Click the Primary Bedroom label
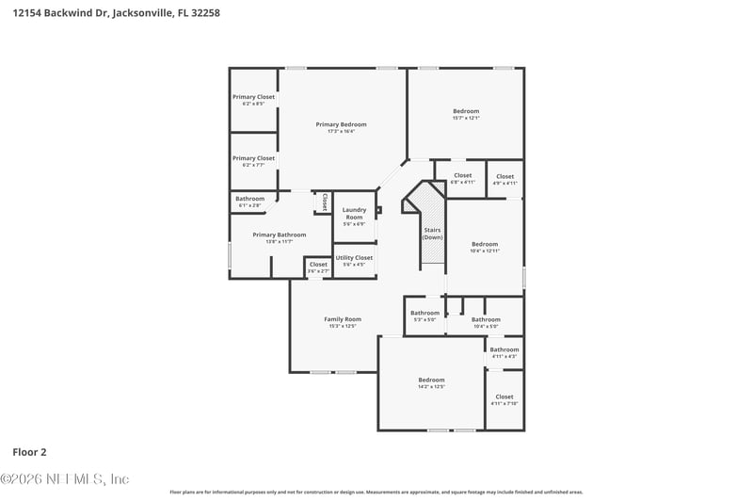coord(341,124)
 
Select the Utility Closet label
coord(354,257)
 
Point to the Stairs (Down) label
coord(432,233)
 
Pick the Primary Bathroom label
coord(279,235)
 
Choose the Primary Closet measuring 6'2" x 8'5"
coord(253,97)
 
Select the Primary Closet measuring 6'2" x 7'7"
coord(253,158)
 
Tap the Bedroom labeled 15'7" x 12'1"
coord(466,111)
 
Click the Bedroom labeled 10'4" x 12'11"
coord(485,244)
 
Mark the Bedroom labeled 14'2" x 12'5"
coord(431,380)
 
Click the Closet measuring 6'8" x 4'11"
coord(462,175)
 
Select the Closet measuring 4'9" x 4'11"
coord(505,176)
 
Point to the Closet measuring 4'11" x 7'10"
coord(505,397)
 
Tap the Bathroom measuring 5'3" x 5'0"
coord(425,313)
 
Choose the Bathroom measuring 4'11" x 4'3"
coord(505,349)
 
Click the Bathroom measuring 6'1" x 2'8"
coord(249,199)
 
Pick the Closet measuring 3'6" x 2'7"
coord(318,265)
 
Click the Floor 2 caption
coord(30,452)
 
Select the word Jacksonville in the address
coord(142,14)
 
